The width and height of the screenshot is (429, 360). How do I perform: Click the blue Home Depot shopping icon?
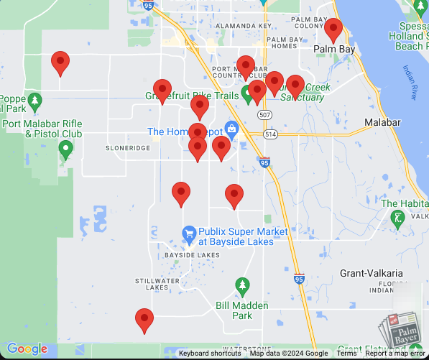pyautogui.click(x=231, y=130)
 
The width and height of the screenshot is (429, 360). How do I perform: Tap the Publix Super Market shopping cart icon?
pyautogui.click(x=189, y=233)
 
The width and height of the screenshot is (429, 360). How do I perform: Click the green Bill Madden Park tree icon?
pyautogui.click(x=242, y=287)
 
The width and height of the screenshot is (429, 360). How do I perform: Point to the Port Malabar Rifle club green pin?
pyautogui.click(x=66, y=149)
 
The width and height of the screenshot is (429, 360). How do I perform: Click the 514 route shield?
pyautogui.click(x=270, y=134)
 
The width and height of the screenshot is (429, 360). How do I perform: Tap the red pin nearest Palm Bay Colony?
pyautogui.click(x=333, y=30)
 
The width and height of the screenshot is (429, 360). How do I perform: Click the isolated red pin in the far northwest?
pyautogui.click(x=60, y=63)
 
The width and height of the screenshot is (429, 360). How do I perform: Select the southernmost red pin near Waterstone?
pyautogui.click(x=144, y=320)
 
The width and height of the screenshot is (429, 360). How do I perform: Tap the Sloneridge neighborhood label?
pyautogui.click(x=128, y=147)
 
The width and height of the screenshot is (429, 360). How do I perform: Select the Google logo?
pyautogui.click(x=27, y=349)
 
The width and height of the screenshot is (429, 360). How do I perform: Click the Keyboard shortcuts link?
pyautogui.click(x=210, y=354)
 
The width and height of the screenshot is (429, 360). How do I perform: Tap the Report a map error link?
pyautogui.click(x=395, y=354)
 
